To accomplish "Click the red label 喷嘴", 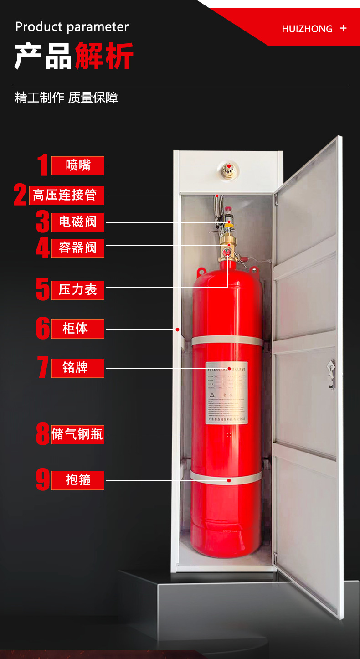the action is coord(78,165).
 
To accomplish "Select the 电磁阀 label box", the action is coord(78,222).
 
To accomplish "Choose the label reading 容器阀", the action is coord(78,248).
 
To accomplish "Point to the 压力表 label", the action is coord(78,290).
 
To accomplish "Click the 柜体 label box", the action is coord(78,329).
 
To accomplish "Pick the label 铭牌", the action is coord(78,368).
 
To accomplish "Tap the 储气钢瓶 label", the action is coord(78,435).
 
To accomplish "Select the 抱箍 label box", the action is coord(78,480).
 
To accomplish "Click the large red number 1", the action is coord(43,165).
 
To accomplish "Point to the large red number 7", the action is coord(43,367).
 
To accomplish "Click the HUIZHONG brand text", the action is coord(307,29).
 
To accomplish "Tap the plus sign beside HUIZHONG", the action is coord(343,28).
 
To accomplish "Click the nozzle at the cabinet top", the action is coord(228,170).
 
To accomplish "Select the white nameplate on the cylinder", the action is coord(226,393).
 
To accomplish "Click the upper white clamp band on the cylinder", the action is coord(227,341).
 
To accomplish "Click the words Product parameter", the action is coord(72,26).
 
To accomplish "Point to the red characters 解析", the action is coord(104,56).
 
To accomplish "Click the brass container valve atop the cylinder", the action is coord(226,246).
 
